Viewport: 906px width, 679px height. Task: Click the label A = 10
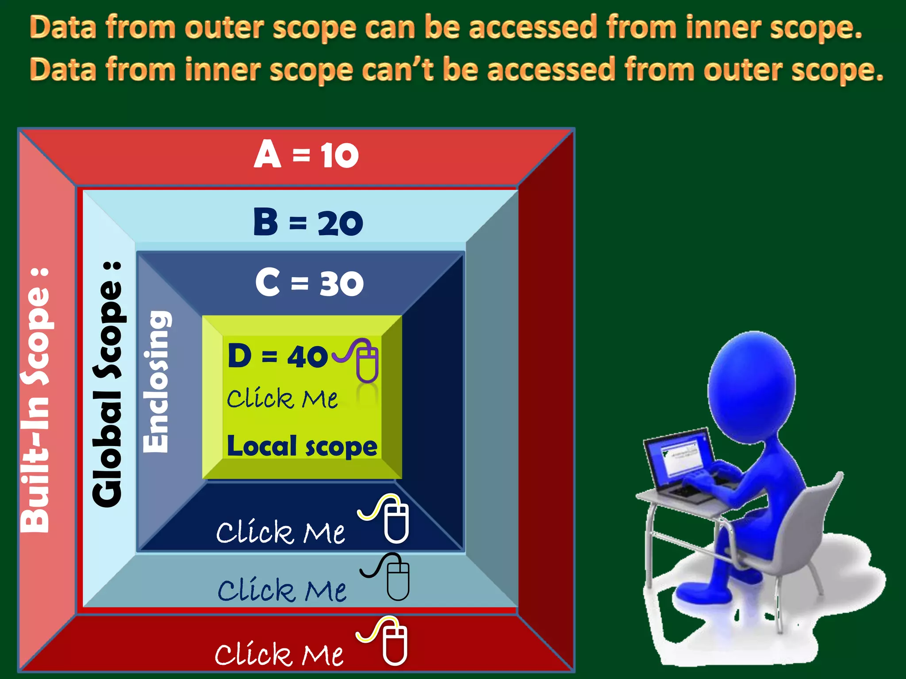[x=306, y=155]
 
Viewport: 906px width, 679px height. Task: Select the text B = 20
[x=308, y=222]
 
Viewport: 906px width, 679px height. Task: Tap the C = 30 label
[x=309, y=283]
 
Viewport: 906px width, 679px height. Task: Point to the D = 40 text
[x=278, y=356]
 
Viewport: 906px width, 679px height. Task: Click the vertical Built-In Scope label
[x=35, y=400]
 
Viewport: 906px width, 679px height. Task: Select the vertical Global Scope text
[x=107, y=385]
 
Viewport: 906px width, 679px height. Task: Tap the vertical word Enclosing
[x=156, y=382]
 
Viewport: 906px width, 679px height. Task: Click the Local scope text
[x=302, y=446]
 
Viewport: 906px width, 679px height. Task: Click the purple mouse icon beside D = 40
[x=366, y=360]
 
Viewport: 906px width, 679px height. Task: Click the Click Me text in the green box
[x=282, y=399]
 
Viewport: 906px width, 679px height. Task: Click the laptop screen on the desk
[x=679, y=457]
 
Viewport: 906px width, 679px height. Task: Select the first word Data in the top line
[x=63, y=27]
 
